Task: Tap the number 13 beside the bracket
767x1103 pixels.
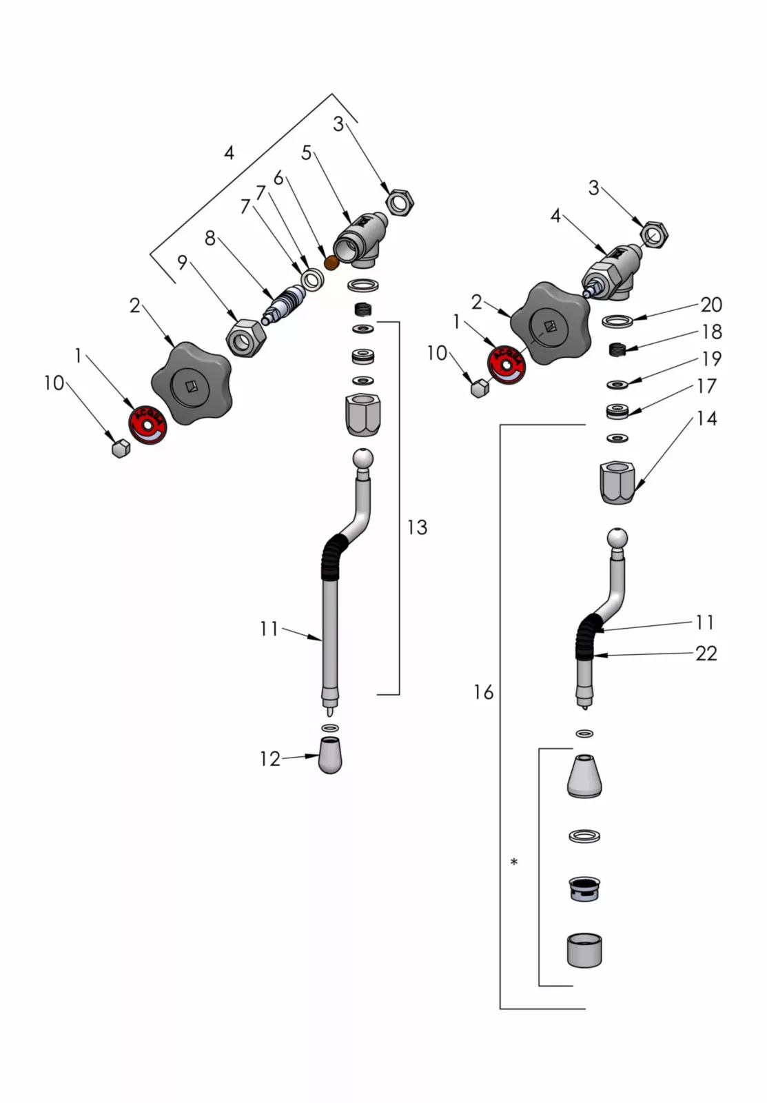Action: tap(417, 527)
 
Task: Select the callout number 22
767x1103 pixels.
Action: tap(706, 653)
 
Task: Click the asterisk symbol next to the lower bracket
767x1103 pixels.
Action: tap(514, 862)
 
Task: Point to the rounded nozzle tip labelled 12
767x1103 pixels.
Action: tap(331, 756)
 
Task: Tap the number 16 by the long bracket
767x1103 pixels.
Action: tap(484, 692)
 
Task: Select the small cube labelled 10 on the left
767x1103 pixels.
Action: tap(121, 449)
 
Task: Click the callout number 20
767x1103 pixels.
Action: tap(710, 304)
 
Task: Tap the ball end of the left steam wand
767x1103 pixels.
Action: tap(363, 459)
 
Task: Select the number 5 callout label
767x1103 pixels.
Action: tap(307, 153)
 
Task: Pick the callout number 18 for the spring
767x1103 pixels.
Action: tap(712, 332)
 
